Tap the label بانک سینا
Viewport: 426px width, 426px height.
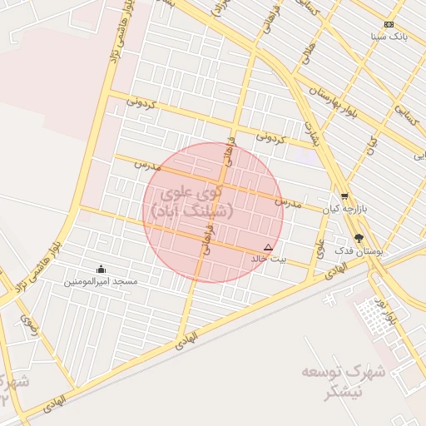pyautogui.click(x=389, y=37)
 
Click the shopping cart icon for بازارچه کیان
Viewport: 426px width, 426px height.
pyautogui.click(x=344, y=197)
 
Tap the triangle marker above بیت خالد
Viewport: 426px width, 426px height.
pyautogui.click(x=268, y=247)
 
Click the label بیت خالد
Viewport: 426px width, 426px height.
pyautogui.click(x=268, y=260)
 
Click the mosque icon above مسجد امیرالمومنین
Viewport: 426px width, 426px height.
pyautogui.click(x=102, y=269)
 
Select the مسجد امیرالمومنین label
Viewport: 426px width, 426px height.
pyautogui.click(x=102, y=282)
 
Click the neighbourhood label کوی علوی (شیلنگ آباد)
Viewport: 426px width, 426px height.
pyautogui.click(x=193, y=203)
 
